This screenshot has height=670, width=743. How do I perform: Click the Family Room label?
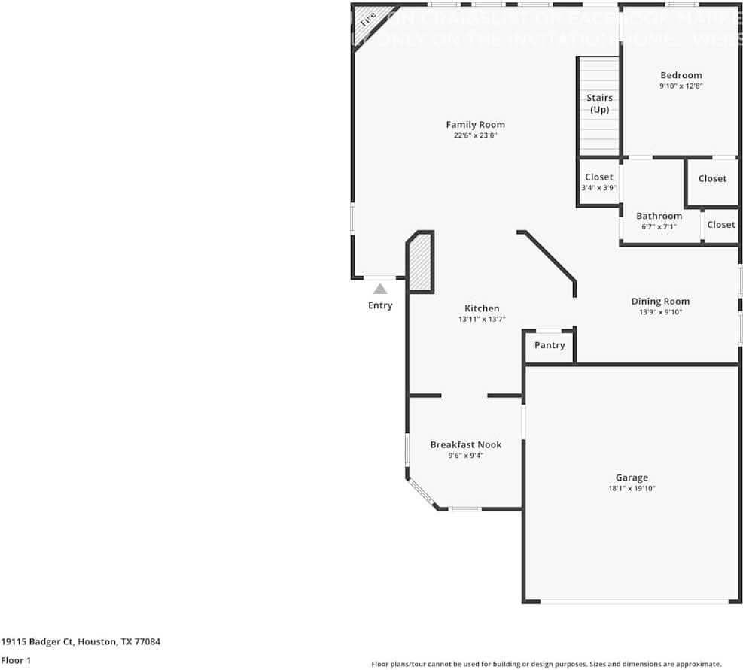pos(475,125)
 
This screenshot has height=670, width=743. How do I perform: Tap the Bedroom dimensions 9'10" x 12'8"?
pos(681,86)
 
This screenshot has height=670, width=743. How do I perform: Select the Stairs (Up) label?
pos(599,104)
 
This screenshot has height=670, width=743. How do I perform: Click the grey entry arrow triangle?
pos(380,289)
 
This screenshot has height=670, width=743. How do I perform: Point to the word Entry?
pos(380,305)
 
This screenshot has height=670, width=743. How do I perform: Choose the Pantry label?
pos(550,345)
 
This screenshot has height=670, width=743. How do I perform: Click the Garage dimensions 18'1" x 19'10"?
pos(631,489)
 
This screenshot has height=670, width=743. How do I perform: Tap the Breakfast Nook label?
pos(465,444)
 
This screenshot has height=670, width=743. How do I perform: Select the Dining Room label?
pos(660,301)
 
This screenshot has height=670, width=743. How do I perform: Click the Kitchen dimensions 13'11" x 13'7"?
pos(481,320)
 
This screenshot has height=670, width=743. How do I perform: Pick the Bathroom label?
pos(659,216)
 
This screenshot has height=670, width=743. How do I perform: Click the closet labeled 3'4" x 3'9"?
pos(598,183)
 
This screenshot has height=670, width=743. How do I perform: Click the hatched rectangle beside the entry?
pos(420,262)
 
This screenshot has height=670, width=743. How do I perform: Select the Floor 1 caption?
pos(16,661)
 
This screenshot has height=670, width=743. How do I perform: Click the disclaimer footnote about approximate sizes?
pos(546,664)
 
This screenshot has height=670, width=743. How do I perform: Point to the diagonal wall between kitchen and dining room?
pos(547,256)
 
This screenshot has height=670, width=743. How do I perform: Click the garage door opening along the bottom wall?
pos(635,602)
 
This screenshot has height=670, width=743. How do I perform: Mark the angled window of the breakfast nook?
pos(422,493)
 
